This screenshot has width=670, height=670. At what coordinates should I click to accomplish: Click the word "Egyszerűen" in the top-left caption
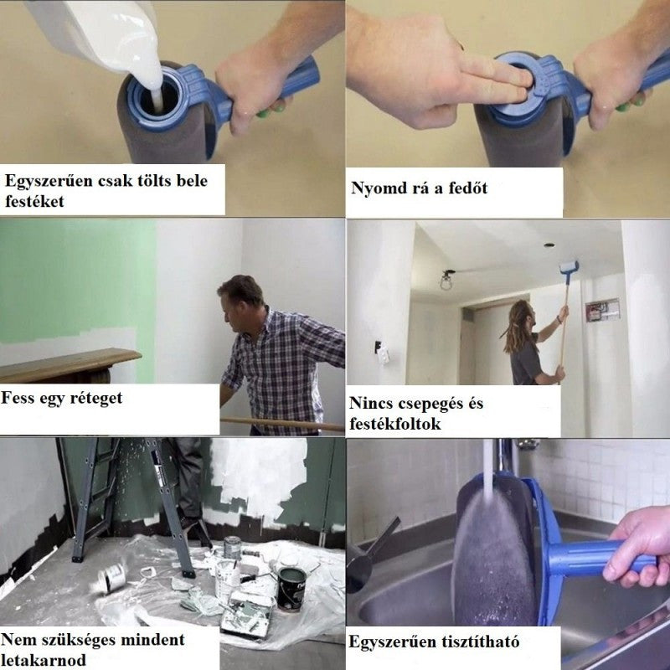(49, 181)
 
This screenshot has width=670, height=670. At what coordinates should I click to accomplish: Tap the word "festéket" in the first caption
(34, 201)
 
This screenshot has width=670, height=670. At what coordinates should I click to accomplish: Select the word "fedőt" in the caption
(468, 188)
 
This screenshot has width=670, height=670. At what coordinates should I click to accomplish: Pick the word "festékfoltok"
(394, 424)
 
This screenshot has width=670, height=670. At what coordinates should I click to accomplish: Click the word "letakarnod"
(44, 660)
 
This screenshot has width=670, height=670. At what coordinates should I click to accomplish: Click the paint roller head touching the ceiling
(569, 267)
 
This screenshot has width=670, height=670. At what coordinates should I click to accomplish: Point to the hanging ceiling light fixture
(447, 280)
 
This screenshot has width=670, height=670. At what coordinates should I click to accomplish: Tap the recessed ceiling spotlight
(549, 245)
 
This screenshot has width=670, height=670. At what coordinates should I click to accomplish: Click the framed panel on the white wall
(602, 310)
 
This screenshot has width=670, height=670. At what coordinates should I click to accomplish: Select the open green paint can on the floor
(291, 589)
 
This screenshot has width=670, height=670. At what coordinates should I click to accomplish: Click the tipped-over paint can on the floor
(110, 577)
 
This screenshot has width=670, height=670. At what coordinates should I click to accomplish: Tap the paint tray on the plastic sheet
(246, 615)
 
